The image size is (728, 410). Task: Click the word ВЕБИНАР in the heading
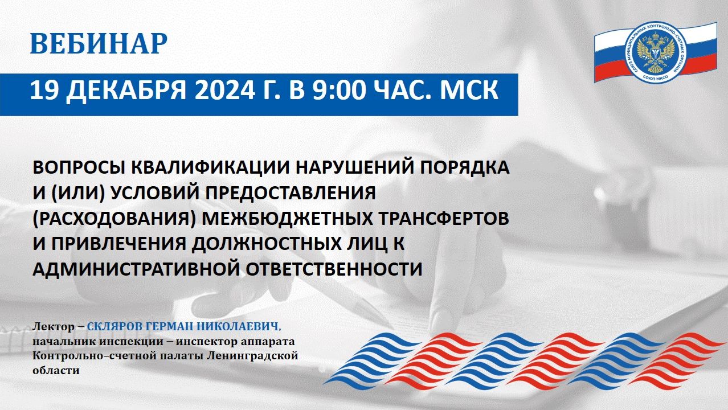(x=99, y=43)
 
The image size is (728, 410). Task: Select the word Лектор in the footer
(x=54, y=327)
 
